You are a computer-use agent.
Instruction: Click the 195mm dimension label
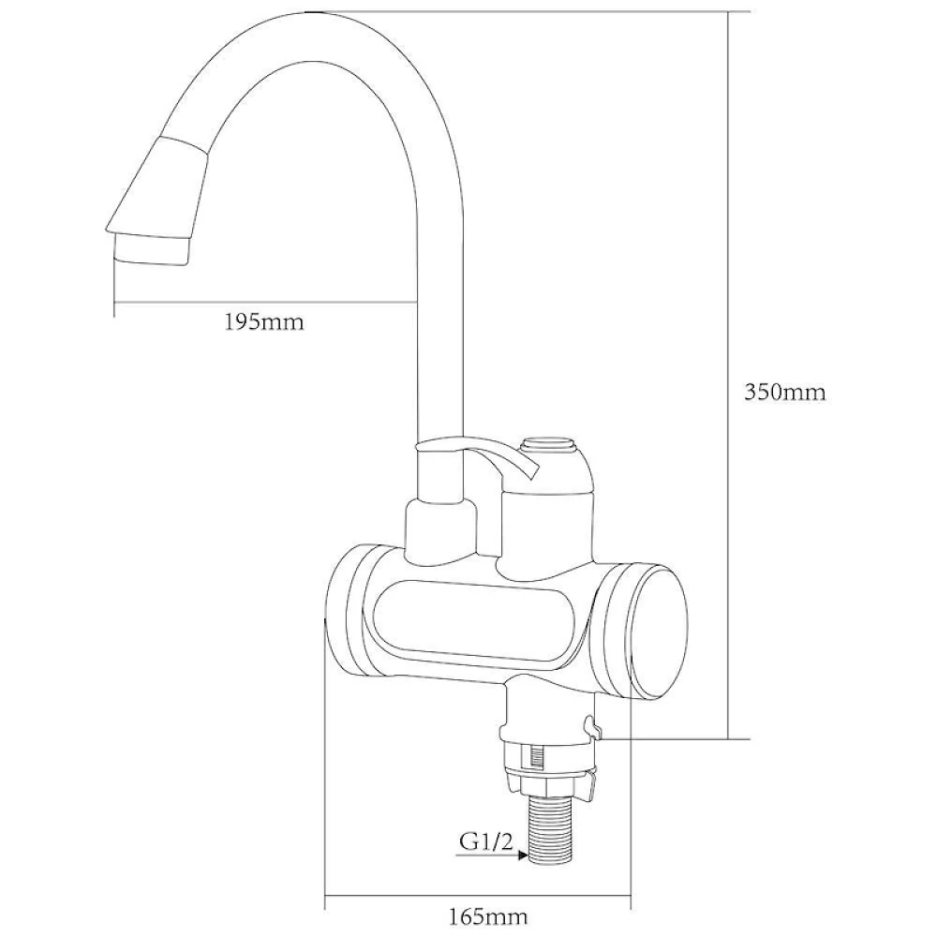(263, 322)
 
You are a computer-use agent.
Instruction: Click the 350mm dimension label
(784, 392)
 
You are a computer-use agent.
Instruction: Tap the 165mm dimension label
(488, 915)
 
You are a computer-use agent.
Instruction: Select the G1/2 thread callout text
(485, 842)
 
